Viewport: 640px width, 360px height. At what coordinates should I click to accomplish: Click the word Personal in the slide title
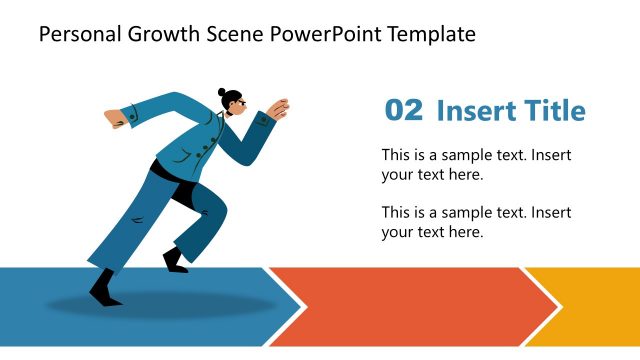77,35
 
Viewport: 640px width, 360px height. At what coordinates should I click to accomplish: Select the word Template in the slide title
430,35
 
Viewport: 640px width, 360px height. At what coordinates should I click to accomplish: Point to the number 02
404,111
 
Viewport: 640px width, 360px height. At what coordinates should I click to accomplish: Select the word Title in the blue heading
552,111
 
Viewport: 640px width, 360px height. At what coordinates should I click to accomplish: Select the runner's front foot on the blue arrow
105,290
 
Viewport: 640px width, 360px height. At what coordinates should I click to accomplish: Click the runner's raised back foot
175,262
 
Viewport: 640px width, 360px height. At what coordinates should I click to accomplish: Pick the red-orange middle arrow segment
410,306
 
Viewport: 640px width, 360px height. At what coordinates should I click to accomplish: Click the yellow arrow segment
590,306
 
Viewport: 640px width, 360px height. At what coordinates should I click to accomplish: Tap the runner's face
236,107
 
